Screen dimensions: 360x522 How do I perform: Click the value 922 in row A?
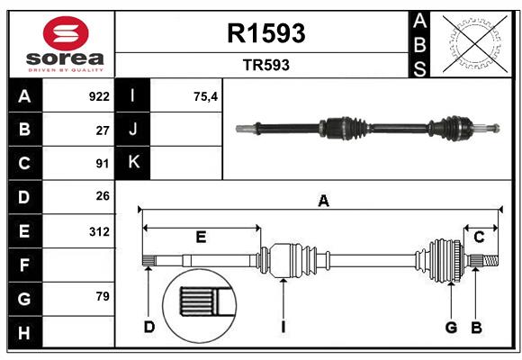click(99, 96)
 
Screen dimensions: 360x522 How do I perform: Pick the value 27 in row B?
click(102, 130)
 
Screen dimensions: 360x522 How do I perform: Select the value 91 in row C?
click(102, 164)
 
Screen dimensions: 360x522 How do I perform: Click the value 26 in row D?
click(102, 197)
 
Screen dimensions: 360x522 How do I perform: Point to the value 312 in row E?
click(99, 231)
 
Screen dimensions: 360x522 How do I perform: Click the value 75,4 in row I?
click(206, 96)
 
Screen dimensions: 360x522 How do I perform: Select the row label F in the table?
click(24, 265)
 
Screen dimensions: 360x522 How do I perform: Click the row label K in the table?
click(133, 163)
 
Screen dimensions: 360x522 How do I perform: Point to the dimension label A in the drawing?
click(323, 202)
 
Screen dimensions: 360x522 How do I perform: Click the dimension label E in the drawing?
click(201, 237)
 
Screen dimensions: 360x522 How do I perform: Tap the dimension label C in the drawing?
click(479, 237)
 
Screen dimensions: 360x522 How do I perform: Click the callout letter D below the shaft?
click(149, 327)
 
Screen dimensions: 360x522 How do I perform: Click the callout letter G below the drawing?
click(452, 327)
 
